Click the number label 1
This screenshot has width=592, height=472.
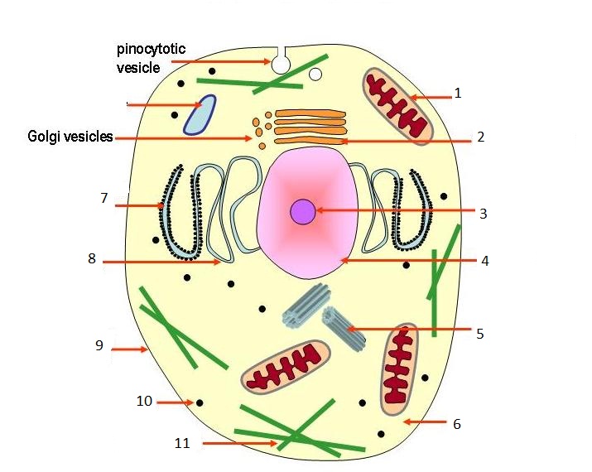point(457,94)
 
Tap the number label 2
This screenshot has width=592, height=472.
point(480,137)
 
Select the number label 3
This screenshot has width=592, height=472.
point(483,213)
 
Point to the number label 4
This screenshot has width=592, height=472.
point(485,260)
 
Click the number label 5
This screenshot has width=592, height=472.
point(479,334)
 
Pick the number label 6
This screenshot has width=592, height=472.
point(456,424)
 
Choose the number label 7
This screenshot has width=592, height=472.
point(103,198)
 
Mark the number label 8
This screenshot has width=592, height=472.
point(92,258)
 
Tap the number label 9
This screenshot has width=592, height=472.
point(99,345)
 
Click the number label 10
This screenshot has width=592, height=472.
point(144,402)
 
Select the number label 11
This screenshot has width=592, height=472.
point(182,443)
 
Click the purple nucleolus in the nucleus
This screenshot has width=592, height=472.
point(302,212)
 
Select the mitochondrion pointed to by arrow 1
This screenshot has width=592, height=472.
point(398,107)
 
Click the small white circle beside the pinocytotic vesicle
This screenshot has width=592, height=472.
point(315,75)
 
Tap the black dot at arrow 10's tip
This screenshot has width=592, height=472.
point(200,402)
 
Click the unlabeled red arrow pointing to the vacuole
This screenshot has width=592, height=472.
point(157,104)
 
